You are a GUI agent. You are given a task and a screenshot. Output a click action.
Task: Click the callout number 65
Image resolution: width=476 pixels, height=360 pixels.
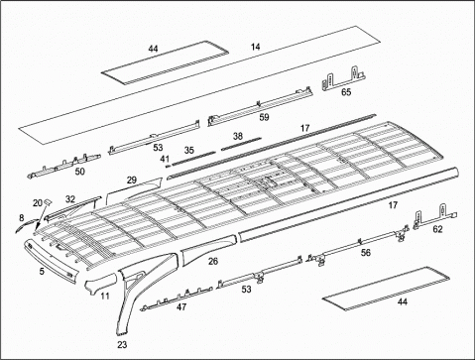click(346, 92)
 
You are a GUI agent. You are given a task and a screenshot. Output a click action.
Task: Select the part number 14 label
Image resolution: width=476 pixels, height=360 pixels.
click(255, 47)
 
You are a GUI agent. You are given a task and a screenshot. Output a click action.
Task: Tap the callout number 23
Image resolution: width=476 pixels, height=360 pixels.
click(122, 344)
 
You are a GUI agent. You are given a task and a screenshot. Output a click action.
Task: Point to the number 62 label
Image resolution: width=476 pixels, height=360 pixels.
click(437, 229)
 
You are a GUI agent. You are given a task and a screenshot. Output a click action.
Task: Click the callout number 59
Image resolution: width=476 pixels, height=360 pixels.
click(264, 117)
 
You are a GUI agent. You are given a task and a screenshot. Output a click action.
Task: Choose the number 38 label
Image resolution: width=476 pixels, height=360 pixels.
click(238, 136)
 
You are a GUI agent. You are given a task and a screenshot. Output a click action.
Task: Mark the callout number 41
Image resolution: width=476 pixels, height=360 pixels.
click(165, 159)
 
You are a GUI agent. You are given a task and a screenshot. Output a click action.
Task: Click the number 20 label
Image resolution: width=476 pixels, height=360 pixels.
click(38, 203)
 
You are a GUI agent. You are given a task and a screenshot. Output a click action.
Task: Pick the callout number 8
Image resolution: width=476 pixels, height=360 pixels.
click(22, 218)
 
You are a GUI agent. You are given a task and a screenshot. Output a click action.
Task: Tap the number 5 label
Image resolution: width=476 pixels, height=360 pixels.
click(42, 271)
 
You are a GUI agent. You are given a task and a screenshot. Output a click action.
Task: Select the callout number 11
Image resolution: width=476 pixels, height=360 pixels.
click(105, 296)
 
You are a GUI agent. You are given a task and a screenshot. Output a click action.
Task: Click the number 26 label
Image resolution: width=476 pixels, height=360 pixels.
click(213, 261)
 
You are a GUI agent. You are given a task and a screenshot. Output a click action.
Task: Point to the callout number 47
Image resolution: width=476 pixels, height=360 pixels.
click(181, 307)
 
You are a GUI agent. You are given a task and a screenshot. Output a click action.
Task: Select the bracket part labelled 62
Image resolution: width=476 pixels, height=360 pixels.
click(435, 217)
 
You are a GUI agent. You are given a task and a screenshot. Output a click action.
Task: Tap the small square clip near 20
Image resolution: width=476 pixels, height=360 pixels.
click(48, 201)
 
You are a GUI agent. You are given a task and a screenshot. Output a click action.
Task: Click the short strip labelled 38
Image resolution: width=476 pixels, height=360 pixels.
click(241, 144)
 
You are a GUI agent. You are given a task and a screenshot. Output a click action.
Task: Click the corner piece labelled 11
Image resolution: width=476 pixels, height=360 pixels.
click(99, 283)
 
